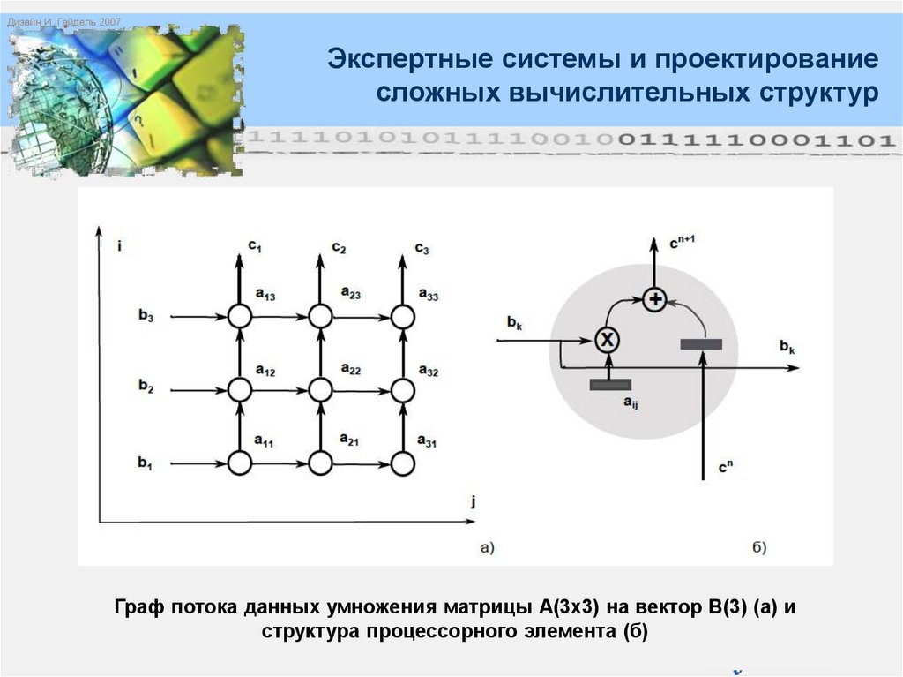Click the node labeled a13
[x=239, y=316]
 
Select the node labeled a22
[x=321, y=388]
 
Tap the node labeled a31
[x=402, y=462]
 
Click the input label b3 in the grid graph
[x=146, y=316]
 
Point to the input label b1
[x=146, y=462]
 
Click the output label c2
[x=339, y=248]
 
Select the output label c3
[x=422, y=248]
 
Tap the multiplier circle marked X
[x=605, y=339]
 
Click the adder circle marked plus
[x=654, y=300]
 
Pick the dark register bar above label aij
[x=610, y=383]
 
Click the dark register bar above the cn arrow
[x=702, y=342]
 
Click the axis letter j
[x=474, y=503]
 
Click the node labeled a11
[x=239, y=462]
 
